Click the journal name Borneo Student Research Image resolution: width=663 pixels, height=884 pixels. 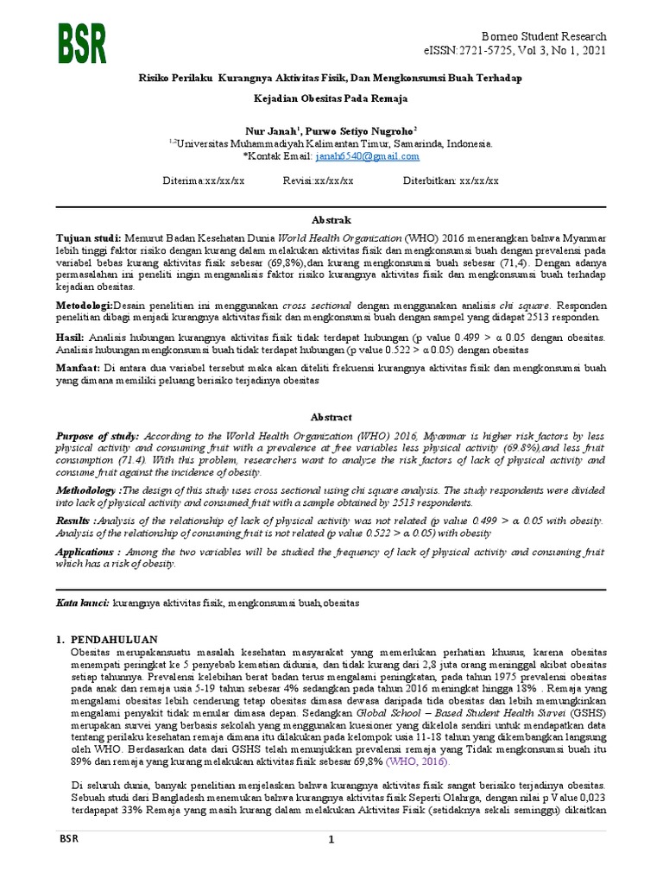549,36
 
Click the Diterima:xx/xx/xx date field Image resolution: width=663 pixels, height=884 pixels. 204,181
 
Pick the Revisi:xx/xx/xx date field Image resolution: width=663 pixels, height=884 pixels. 318,181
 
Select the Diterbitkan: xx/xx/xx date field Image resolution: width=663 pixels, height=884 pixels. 451,181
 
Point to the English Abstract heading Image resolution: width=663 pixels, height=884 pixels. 331,417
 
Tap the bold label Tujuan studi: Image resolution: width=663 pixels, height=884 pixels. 88,237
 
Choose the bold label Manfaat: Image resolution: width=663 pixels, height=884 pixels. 78,368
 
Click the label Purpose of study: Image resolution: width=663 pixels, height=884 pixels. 98,438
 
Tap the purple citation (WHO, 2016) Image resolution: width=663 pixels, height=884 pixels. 418,762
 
